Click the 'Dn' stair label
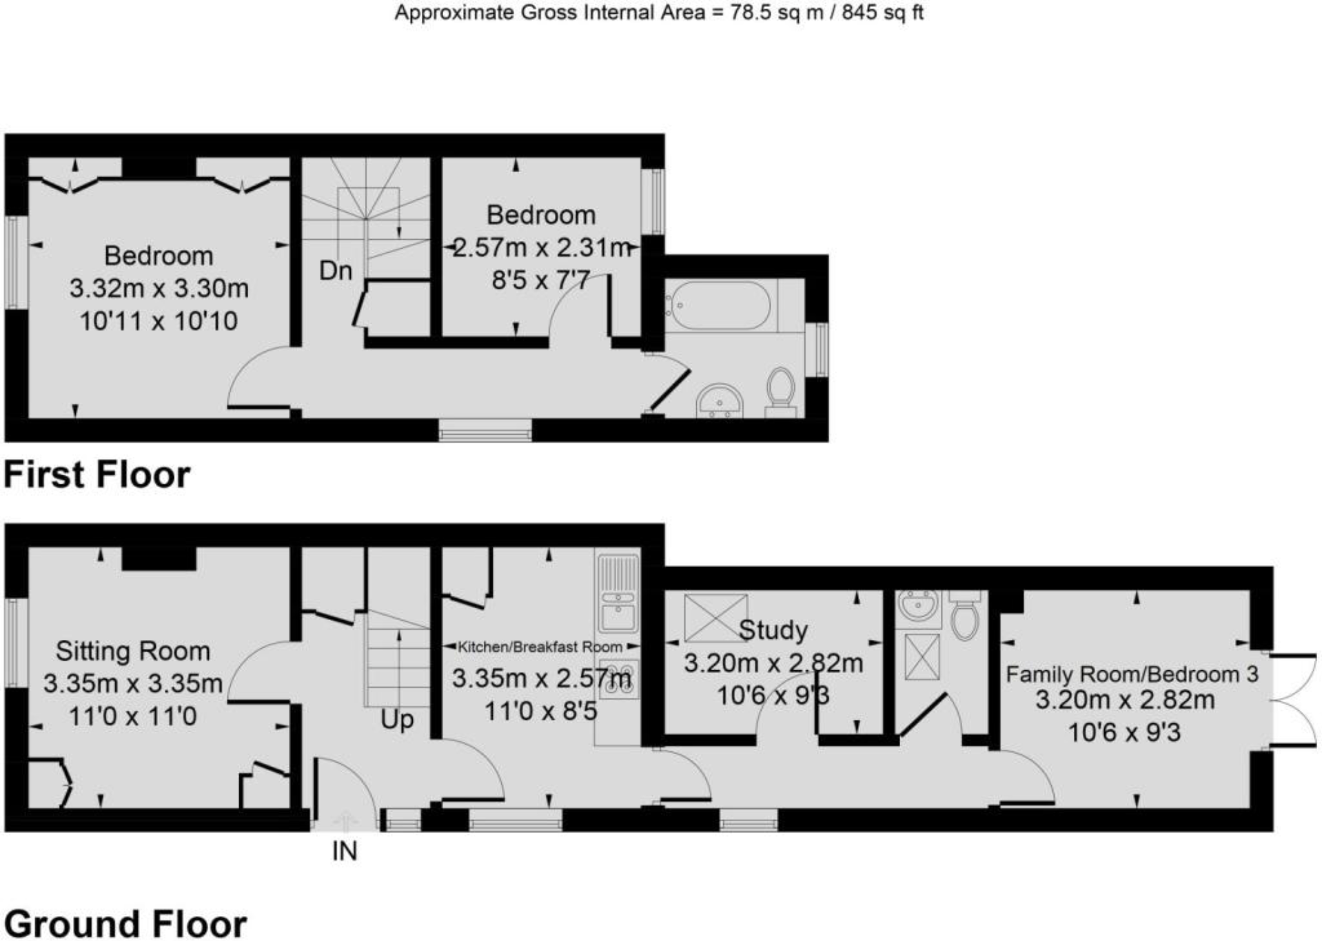point(336,271)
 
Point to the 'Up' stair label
point(397,720)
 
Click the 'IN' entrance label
point(345,852)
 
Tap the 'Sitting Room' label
point(132,651)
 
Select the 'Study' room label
point(773,630)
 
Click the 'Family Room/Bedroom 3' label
point(1132,674)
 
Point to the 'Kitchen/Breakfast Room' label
point(540,647)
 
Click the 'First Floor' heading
point(97,475)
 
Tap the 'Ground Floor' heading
point(125,924)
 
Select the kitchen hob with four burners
point(618,679)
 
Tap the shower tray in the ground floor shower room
point(922,656)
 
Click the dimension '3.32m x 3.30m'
point(159,288)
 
